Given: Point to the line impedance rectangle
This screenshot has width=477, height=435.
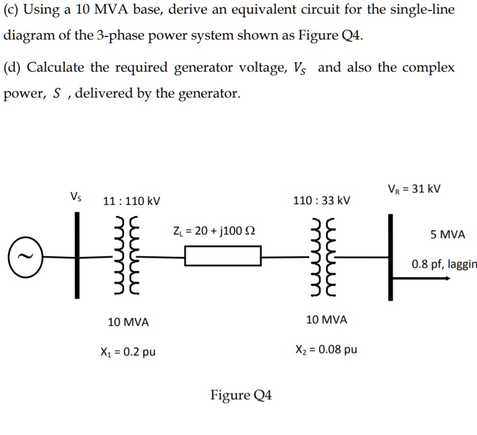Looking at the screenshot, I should pos(223,255).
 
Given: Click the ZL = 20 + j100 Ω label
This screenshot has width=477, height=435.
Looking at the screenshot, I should pos(214,231).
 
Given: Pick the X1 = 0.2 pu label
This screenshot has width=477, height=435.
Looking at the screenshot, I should pos(127,352).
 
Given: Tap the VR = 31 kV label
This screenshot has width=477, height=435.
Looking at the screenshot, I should pos(414,188).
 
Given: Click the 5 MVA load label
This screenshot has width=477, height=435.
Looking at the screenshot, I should pos(448,234).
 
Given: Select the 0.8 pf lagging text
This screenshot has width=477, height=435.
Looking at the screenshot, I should pos(444,265).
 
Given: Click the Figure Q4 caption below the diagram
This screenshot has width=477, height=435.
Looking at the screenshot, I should pos(241,395).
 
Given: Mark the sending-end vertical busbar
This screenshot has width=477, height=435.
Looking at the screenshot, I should pos(78,255).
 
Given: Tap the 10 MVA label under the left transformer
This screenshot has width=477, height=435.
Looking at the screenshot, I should pos(128,322).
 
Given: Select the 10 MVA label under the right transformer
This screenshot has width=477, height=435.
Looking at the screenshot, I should pos(326,320).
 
